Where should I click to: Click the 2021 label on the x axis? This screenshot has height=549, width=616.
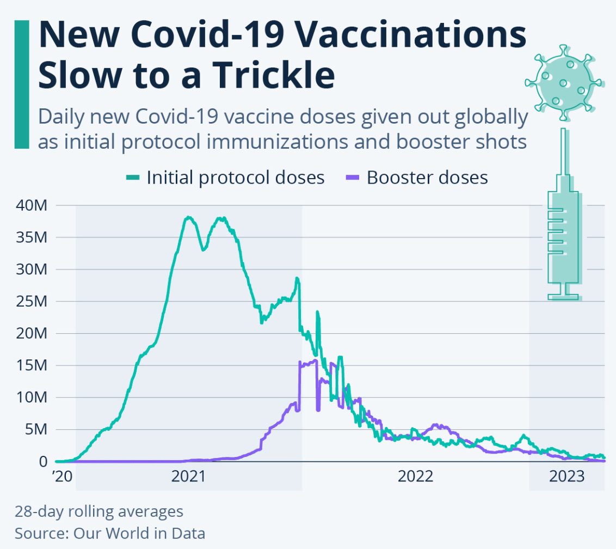click(188, 477)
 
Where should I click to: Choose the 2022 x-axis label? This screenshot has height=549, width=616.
click(415, 477)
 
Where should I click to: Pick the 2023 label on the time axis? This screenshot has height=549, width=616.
click(566, 477)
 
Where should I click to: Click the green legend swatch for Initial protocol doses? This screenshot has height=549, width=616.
click(133, 178)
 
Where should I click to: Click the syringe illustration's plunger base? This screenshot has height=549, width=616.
click(563, 297)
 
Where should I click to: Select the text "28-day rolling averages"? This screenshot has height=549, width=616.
click(99, 512)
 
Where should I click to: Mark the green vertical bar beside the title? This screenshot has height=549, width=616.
click(22, 84)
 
